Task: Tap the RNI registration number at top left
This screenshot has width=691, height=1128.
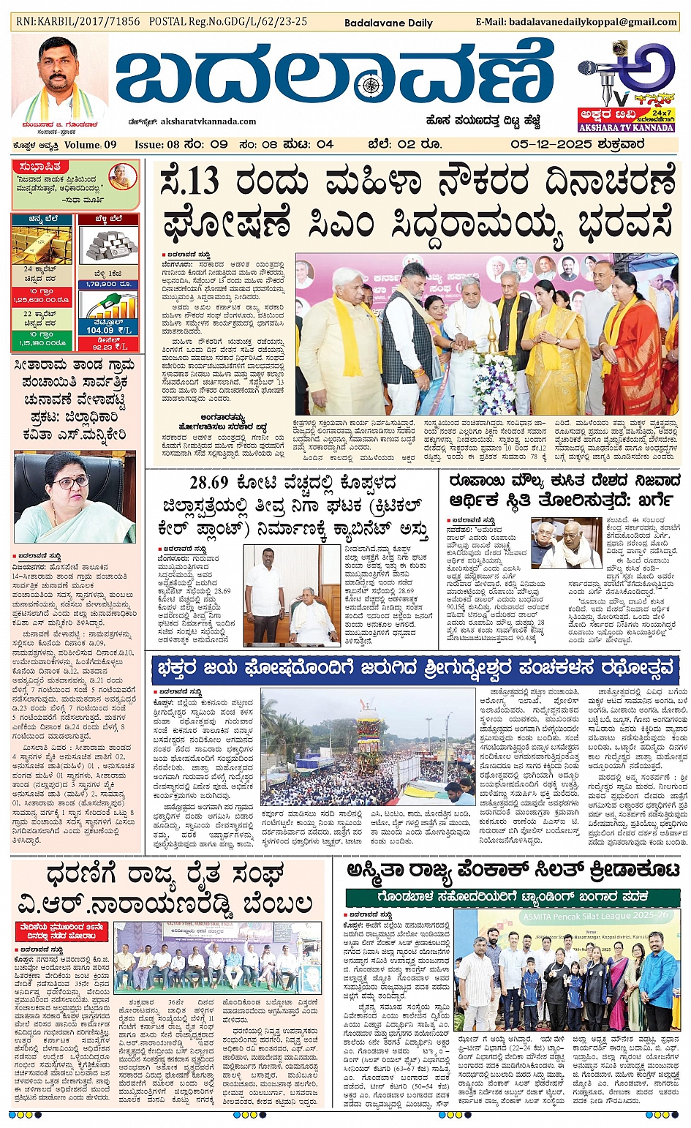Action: click(78, 22)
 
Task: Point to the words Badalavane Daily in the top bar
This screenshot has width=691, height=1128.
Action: click(388, 23)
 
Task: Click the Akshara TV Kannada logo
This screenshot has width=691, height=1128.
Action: click(627, 86)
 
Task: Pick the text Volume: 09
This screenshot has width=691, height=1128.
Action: click(91, 145)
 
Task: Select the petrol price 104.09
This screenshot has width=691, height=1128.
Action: click(99, 330)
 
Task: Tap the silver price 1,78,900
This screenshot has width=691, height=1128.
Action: click(107, 284)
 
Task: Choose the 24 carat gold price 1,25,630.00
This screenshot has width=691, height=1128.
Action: click(41, 299)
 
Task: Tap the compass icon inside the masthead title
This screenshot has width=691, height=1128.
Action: click(371, 85)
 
